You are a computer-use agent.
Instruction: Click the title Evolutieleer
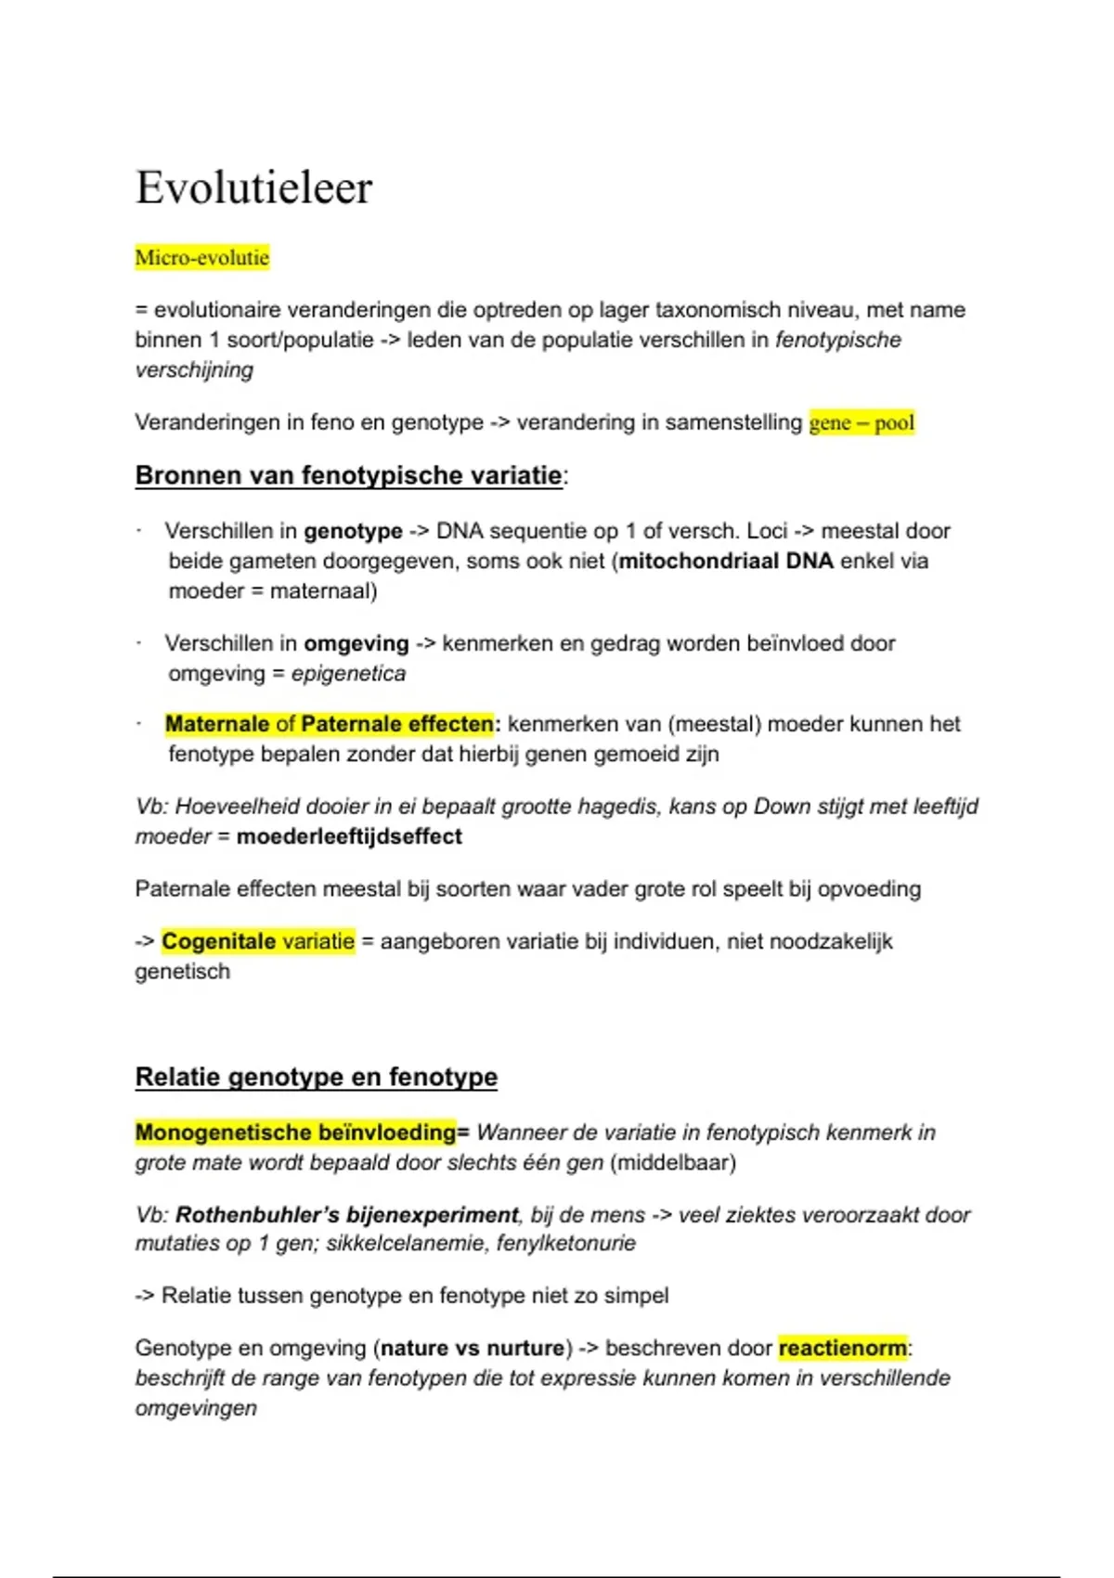pyautogui.click(x=253, y=188)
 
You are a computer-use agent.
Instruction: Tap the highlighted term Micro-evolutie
pyautogui.click(x=202, y=257)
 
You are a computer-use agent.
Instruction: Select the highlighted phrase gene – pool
pyautogui.click(x=861, y=423)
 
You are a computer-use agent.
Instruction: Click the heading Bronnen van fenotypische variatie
pyautogui.click(x=348, y=475)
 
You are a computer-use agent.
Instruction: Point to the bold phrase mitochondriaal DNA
pyautogui.click(x=726, y=561)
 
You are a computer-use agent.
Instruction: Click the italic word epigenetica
pyautogui.click(x=348, y=673)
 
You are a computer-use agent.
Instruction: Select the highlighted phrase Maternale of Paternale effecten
pyautogui.click(x=330, y=724)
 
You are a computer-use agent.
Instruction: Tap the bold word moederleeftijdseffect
pyautogui.click(x=349, y=836)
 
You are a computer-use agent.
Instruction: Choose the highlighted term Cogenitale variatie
pyautogui.click(x=258, y=941)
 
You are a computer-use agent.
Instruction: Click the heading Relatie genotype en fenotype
pyautogui.click(x=316, y=1077)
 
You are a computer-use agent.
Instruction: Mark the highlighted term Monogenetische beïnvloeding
pyautogui.click(x=295, y=1132)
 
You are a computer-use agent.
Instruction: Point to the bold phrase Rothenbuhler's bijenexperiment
pyautogui.click(x=346, y=1215)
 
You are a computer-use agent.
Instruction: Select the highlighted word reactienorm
pyautogui.click(x=843, y=1348)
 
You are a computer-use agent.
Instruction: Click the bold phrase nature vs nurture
pyautogui.click(x=473, y=1348)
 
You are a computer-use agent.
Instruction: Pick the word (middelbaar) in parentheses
pyautogui.click(x=673, y=1162)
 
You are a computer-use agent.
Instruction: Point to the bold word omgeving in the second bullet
pyautogui.click(x=356, y=643)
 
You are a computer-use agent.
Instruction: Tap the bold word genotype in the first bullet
pyautogui.click(x=353, y=531)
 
